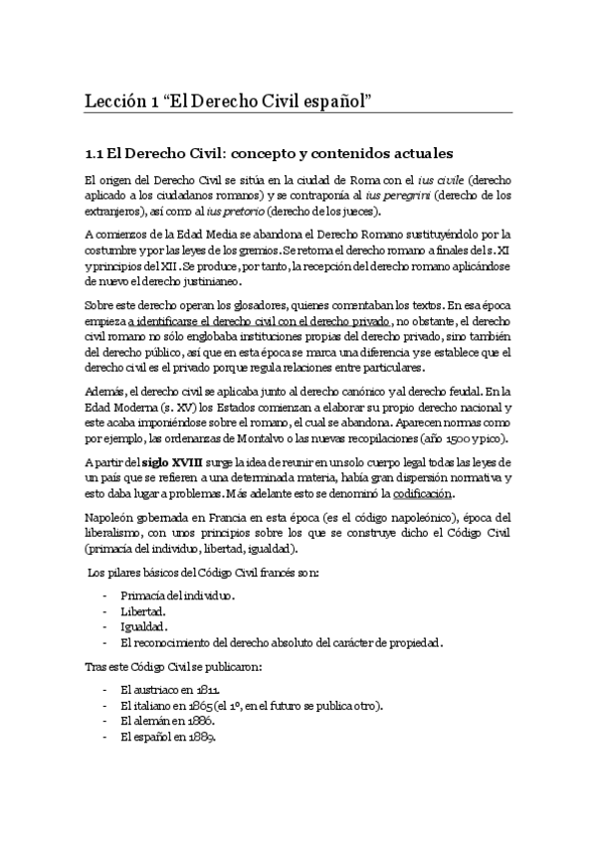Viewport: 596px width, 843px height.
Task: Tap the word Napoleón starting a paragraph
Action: click(109, 520)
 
